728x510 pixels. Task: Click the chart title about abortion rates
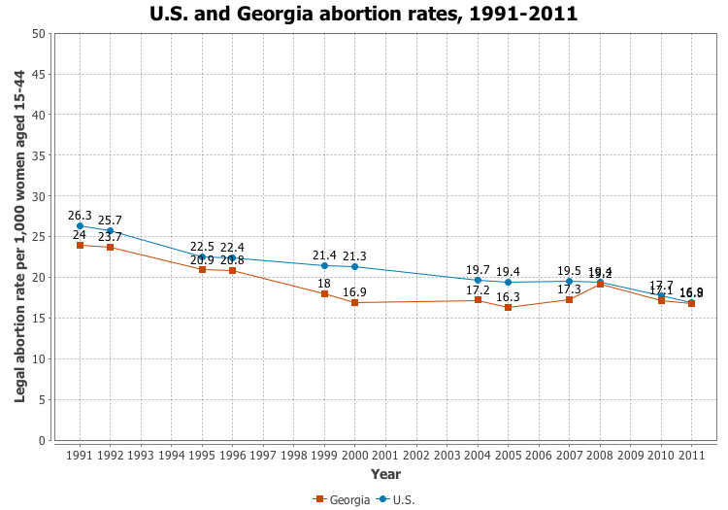(x=364, y=14)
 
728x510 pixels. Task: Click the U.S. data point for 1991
(x=80, y=226)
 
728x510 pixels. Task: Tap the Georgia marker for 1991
(x=80, y=245)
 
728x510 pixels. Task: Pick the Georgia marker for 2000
(x=355, y=303)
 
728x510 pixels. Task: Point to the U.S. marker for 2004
(x=478, y=280)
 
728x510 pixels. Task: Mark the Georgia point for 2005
(x=509, y=308)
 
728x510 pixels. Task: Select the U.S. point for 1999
(x=324, y=266)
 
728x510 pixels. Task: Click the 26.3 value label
(x=80, y=216)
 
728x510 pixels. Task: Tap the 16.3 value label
(x=509, y=297)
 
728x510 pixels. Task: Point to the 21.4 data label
(x=324, y=255)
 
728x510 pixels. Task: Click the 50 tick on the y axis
(x=39, y=34)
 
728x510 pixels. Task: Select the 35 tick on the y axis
(x=39, y=155)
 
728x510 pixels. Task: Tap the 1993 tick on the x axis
(x=141, y=455)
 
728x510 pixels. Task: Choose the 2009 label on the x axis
(x=631, y=455)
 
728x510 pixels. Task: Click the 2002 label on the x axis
(x=416, y=455)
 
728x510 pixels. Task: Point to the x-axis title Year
(x=385, y=474)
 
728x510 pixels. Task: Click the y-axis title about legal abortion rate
(x=19, y=237)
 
